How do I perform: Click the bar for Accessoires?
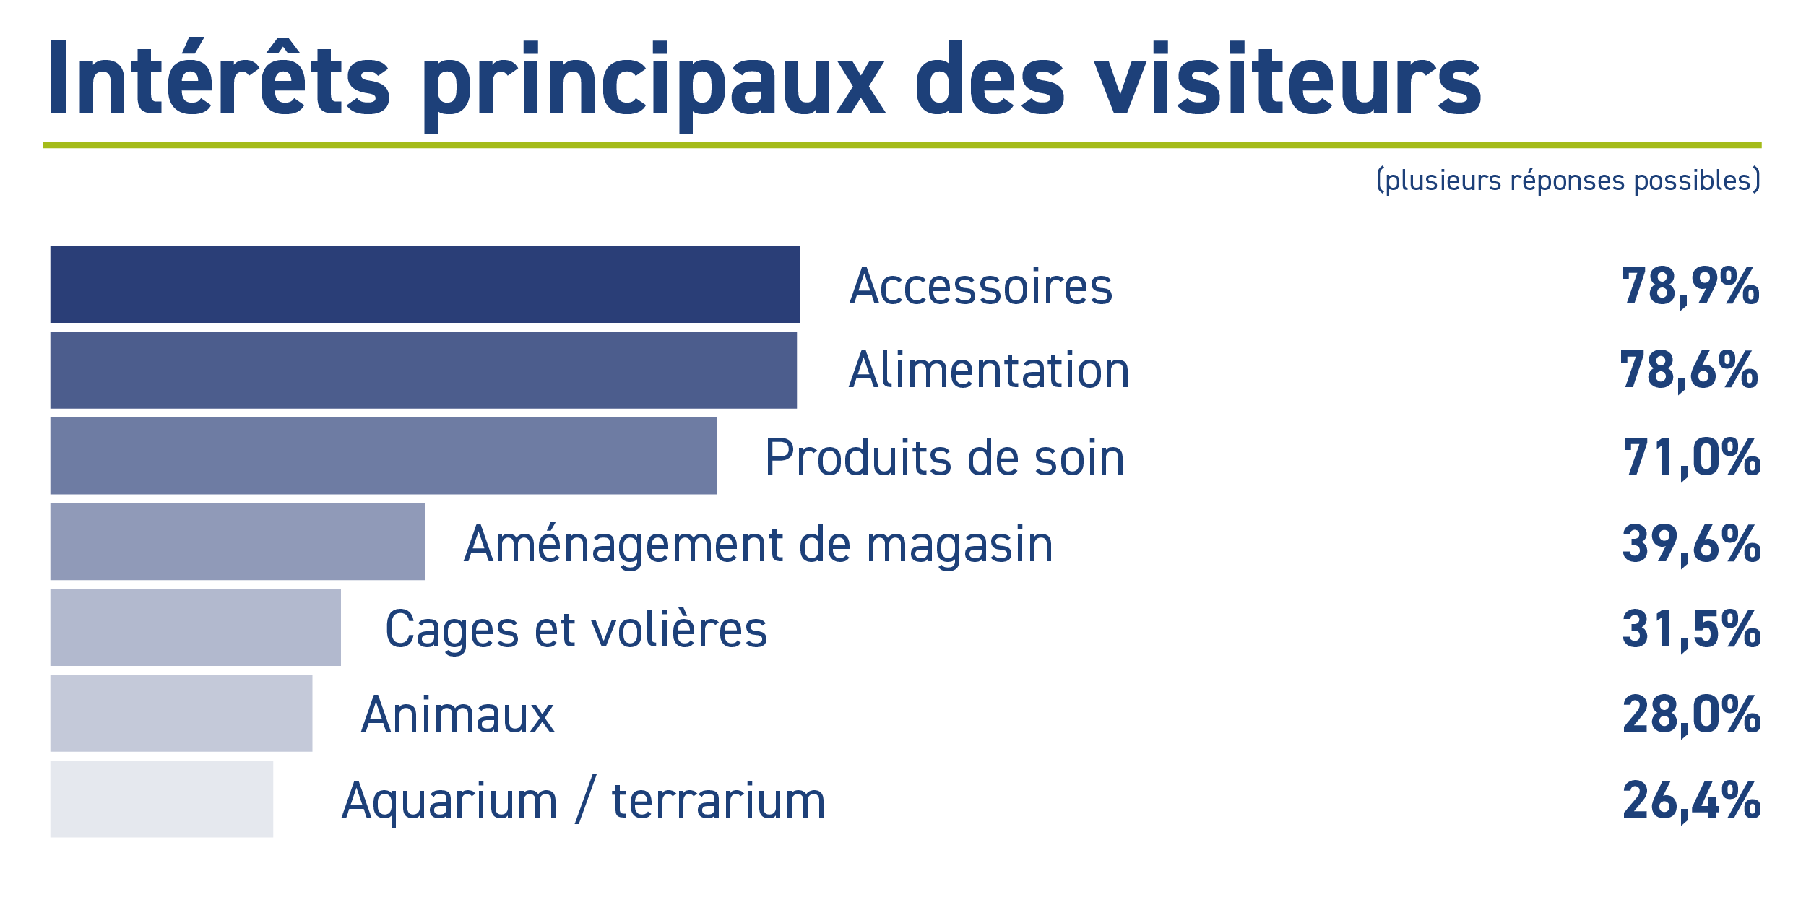425,284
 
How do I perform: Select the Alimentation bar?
423,370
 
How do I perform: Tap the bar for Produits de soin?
384,456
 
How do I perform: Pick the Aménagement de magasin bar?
238,542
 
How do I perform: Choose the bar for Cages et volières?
195,628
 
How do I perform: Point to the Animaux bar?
181,713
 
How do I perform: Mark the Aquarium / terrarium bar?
162,799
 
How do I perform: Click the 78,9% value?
1690,287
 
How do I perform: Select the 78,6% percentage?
1689,371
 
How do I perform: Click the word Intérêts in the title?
219,77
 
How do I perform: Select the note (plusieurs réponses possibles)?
1568,181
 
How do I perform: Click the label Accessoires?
981,286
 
